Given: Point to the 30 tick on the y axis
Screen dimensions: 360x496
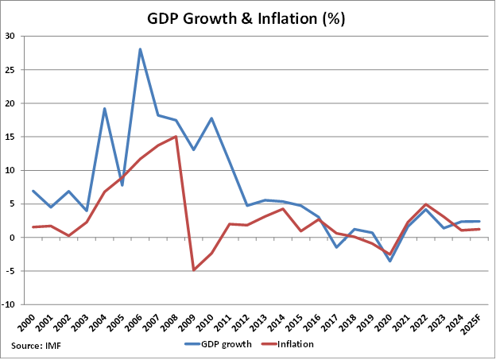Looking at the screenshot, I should click(10, 36).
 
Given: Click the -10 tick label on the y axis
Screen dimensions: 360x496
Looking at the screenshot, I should click(8, 304).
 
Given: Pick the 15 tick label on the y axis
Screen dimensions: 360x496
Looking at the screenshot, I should click(10, 137).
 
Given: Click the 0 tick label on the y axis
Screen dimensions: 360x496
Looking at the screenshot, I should click(12, 238).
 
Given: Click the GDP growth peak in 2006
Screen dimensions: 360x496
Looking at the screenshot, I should click(140, 49).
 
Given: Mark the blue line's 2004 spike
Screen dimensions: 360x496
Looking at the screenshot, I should click(104, 109).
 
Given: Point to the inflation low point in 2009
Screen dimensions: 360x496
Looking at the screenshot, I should click(194, 270).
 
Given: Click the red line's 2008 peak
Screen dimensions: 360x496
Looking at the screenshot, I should click(176, 137).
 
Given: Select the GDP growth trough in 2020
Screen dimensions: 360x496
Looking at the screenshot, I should click(389, 261).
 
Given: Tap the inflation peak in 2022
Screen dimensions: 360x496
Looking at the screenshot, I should click(425, 204).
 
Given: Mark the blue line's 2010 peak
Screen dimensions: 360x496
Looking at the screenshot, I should click(211, 118).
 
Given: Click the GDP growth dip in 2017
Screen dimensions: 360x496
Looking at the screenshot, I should click(336, 247).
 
